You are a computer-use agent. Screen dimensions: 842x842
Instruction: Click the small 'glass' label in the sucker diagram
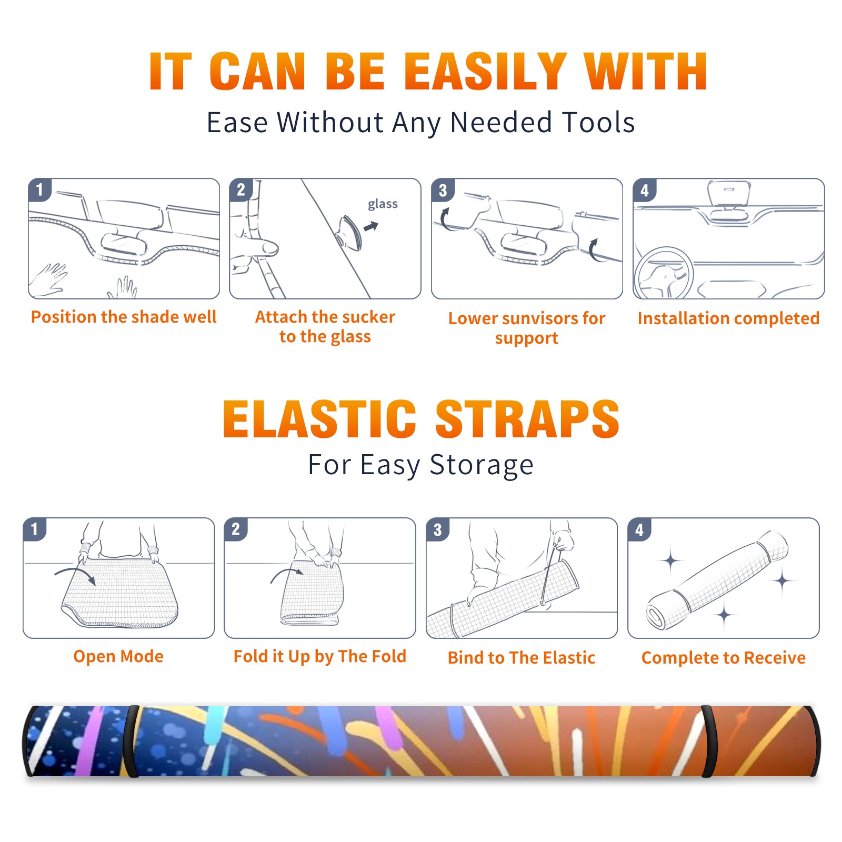click(x=383, y=204)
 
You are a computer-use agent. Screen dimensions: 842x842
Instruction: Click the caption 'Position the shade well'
click(x=124, y=317)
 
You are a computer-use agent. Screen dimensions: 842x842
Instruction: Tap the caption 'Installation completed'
click(x=728, y=318)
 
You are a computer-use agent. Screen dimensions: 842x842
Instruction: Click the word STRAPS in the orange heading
click(x=527, y=419)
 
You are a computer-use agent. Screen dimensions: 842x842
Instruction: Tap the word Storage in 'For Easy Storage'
click(x=482, y=465)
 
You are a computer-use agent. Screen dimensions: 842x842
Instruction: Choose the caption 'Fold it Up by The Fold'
click(x=320, y=657)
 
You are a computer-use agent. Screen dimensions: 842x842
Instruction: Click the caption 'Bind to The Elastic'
click(x=522, y=658)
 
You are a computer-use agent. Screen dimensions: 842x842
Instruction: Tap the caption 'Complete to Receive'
click(x=724, y=658)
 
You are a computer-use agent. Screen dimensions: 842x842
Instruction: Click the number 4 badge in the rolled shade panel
click(x=639, y=529)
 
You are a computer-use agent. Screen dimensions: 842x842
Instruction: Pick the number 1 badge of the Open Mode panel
click(x=35, y=529)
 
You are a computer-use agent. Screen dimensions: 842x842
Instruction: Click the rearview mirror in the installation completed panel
click(x=728, y=193)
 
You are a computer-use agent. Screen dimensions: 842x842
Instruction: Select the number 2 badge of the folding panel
click(x=236, y=529)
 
